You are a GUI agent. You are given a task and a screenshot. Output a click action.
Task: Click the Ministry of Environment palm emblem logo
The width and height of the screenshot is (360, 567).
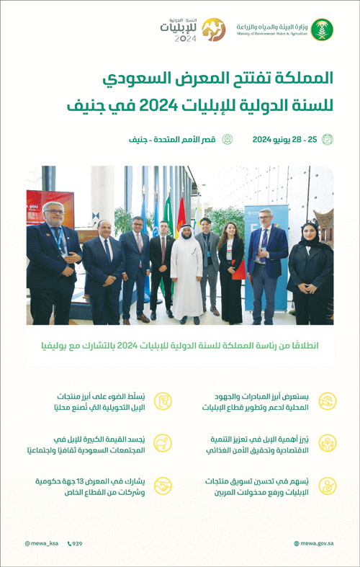coord(321,30)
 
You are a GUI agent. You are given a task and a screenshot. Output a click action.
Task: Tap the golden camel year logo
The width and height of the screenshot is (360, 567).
coord(212,30)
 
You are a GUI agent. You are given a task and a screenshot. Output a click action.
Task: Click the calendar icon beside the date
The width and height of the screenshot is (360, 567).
coord(328,139)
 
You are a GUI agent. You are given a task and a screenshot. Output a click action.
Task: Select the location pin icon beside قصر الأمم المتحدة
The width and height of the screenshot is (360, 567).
coord(227,139)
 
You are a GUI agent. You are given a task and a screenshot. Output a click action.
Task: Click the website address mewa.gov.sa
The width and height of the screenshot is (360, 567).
coord(318,543)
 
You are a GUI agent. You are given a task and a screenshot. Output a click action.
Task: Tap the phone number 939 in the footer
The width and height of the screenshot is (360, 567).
coord(77,543)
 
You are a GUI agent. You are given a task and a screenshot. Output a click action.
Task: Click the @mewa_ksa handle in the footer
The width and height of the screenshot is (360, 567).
coord(42,543)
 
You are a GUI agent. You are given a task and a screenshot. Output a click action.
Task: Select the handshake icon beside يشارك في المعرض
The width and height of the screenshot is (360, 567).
coord(164,486)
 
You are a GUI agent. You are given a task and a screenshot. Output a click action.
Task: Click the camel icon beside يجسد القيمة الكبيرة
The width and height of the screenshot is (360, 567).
coord(164,444)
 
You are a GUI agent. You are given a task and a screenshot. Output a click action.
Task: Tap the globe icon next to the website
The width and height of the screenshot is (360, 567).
coord(297,543)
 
